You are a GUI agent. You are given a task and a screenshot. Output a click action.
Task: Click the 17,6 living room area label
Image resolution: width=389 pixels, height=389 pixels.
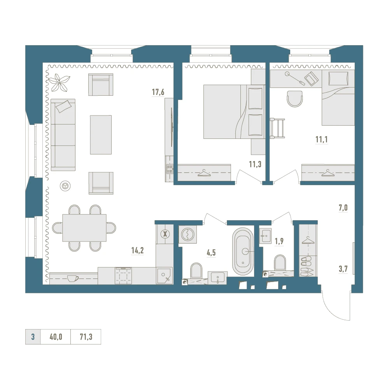pos(158,92)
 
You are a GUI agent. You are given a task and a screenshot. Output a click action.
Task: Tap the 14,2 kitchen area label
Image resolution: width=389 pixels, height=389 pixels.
pos(137,251)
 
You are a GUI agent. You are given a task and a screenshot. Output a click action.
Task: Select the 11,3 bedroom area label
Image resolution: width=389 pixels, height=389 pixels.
pos(255,164)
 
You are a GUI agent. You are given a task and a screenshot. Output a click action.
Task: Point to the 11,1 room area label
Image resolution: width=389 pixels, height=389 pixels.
pos(322,139)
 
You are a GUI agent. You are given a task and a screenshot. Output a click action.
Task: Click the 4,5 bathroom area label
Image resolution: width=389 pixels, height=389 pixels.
pos(211,253)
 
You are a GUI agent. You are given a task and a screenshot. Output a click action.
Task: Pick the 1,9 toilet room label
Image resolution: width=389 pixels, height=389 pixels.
pos(279,241)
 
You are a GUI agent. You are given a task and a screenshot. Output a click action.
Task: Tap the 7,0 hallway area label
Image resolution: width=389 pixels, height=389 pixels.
pos(343,208)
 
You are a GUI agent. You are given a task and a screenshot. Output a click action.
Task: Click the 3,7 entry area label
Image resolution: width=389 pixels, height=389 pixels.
pos(343,269)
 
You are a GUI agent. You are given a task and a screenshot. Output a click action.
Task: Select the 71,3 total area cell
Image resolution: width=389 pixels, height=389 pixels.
pos(86,336)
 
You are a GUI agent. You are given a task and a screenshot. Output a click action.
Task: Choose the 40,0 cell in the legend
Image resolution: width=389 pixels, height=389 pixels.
pos(56,336)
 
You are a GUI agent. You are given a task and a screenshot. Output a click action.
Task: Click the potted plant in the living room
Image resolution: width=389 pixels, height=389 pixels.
pos(59,82)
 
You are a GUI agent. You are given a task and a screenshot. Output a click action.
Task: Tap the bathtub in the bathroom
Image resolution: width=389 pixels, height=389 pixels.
pos(243,251)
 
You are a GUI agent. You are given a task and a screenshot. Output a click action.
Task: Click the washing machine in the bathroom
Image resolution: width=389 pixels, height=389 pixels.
pos(188,234)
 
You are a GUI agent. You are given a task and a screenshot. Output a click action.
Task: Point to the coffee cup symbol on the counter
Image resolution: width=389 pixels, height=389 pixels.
pos(73,279)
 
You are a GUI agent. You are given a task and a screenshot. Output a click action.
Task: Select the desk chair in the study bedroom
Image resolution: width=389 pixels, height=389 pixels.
pos(295,99)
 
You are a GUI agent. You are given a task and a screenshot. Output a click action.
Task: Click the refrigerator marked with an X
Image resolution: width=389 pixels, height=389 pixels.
pos(165,234)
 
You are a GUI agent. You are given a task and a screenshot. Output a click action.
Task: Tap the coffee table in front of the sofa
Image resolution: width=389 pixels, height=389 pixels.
pos(101,135)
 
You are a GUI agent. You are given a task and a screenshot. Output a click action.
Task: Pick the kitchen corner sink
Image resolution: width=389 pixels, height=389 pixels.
pos(164,275)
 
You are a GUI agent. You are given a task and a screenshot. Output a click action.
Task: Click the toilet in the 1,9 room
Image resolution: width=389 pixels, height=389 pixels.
pos(280,263)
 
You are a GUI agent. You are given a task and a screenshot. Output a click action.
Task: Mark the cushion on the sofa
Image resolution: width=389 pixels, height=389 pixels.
pos(63,106)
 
